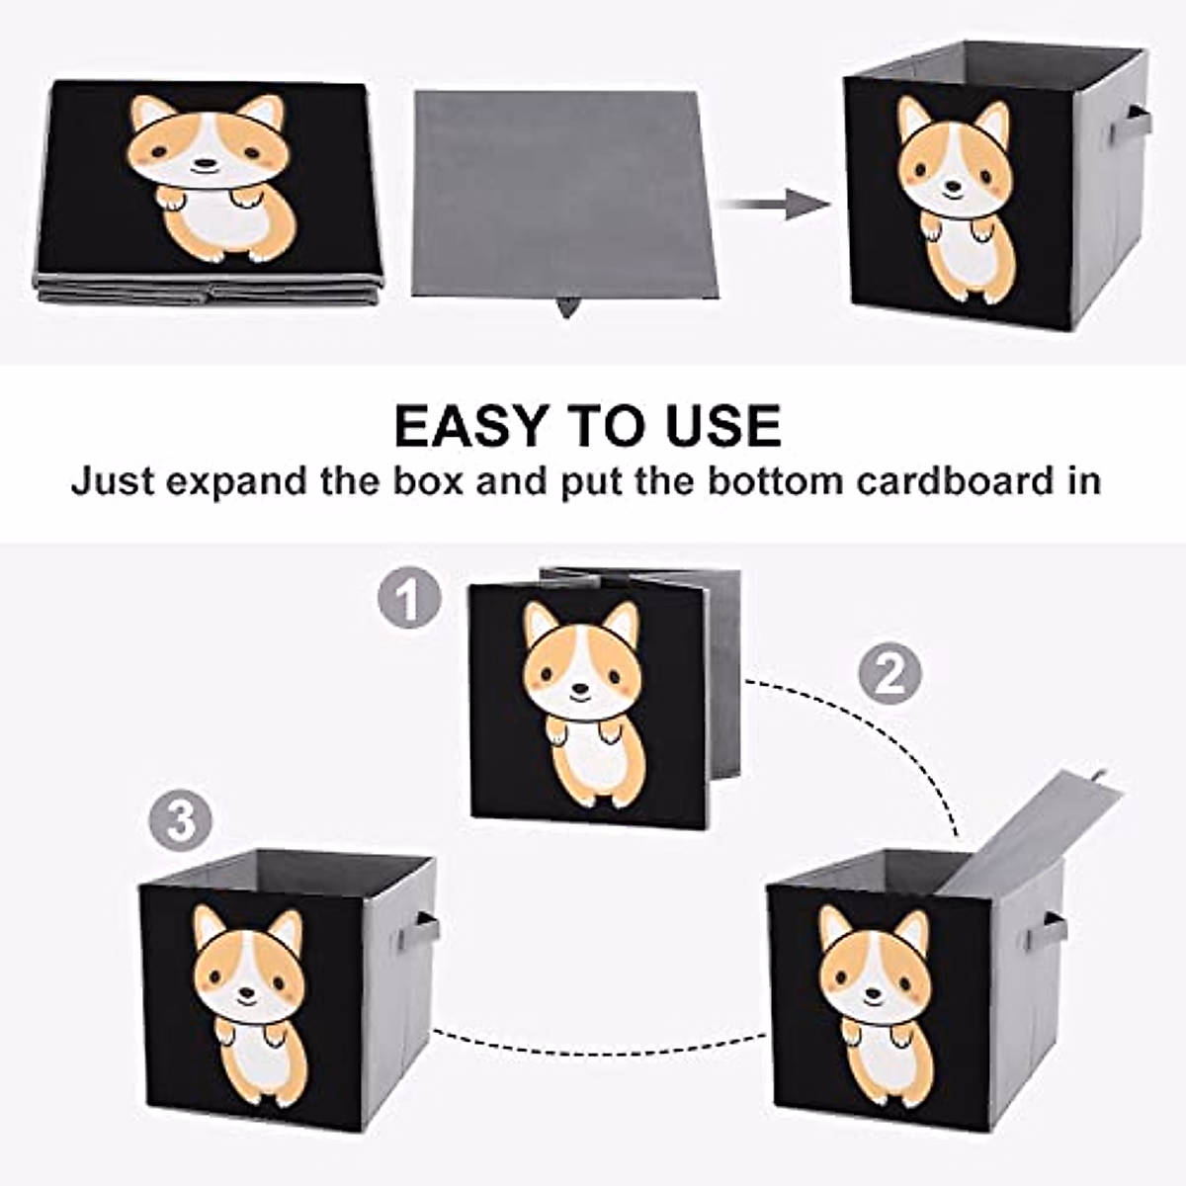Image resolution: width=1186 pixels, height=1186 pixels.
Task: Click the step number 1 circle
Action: click(408, 599)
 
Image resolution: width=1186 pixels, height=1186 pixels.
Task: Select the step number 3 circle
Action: click(181, 821)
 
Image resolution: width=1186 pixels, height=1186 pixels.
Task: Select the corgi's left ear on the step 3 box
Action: click(208, 927)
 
